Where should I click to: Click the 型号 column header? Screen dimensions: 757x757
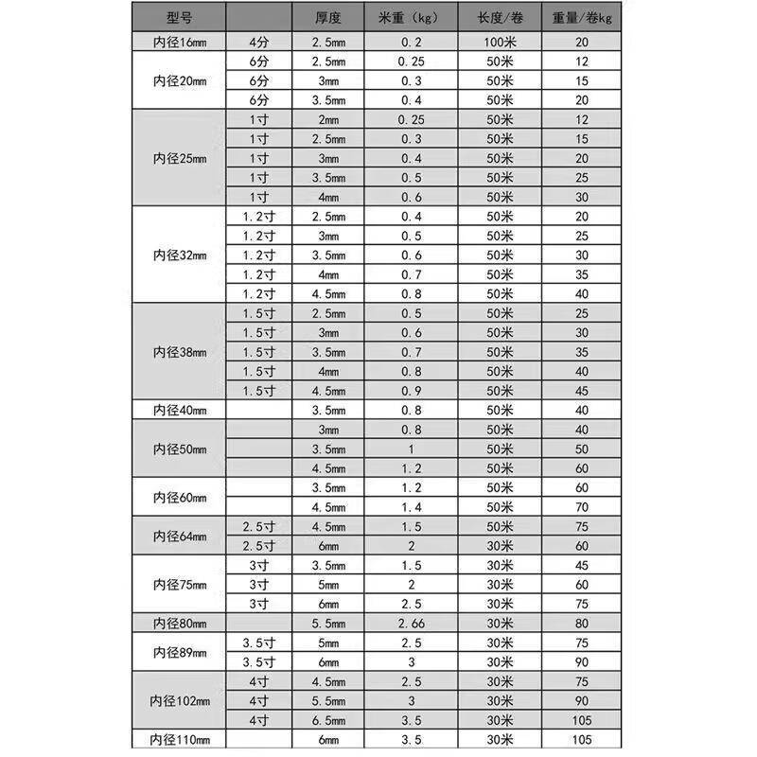click(179, 18)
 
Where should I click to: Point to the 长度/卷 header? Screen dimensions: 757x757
click(500, 18)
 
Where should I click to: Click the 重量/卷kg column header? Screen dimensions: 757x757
click(581, 18)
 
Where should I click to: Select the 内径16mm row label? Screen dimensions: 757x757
click(179, 43)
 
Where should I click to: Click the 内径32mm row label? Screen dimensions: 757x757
click(179, 255)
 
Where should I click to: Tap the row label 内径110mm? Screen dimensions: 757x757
click(179, 738)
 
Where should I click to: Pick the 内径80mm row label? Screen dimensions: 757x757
click(179, 623)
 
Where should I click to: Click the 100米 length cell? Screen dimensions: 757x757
click(500, 43)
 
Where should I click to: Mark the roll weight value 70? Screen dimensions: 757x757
click(581, 506)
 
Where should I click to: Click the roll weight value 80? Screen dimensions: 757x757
click(581, 623)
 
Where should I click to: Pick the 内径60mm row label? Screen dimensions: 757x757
click(179, 497)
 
